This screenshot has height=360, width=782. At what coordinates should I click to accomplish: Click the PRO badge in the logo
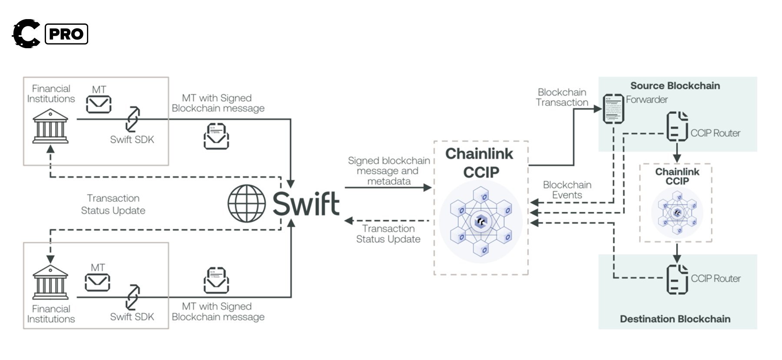[66, 34]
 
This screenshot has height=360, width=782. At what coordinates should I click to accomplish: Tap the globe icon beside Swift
[246, 204]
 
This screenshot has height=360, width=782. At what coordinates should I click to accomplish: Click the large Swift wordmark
[306, 204]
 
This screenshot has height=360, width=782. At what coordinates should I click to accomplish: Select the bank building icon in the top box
[50, 126]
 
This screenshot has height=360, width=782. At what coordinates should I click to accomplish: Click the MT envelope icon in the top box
[99, 104]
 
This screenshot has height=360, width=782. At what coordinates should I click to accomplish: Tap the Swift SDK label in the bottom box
[132, 317]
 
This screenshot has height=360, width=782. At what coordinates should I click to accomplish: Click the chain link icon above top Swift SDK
[133, 119]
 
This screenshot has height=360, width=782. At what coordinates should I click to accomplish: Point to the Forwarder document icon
[613, 109]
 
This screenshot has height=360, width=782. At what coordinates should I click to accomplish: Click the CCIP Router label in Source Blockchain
[715, 133]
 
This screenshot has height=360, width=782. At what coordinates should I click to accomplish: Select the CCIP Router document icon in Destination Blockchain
[677, 279]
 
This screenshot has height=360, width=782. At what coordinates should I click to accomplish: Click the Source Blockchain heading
[675, 86]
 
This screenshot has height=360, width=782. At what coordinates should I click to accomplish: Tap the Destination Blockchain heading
[675, 319]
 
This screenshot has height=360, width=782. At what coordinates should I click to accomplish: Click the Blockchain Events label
[567, 190]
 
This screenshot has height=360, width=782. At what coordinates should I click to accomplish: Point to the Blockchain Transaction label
[562, 97]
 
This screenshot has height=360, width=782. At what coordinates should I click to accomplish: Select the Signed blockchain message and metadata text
[389, 171]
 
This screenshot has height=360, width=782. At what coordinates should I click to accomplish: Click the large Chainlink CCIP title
[480, 162]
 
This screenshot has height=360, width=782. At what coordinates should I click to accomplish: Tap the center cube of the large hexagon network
[480, 221]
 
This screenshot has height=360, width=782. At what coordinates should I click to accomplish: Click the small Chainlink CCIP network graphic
[676, 212]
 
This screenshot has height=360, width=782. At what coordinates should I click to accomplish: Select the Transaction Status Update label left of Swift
[113, 204]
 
